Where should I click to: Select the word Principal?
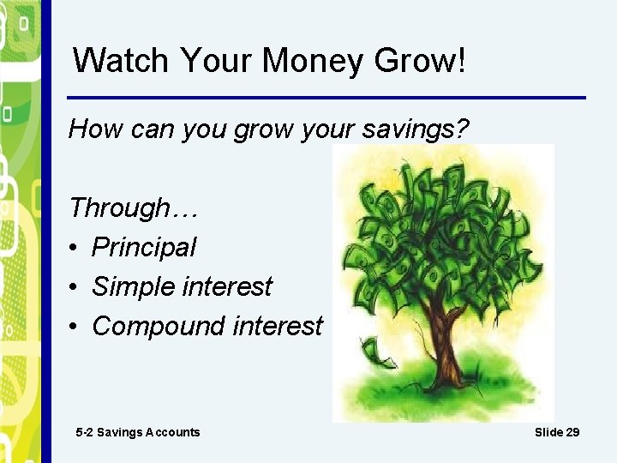144,248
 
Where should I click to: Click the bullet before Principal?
75,249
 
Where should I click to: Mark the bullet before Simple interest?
75,287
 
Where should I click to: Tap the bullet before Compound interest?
75,327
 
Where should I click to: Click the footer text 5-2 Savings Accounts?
137,432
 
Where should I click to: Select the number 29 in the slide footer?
572,432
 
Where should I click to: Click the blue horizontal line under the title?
326,97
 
